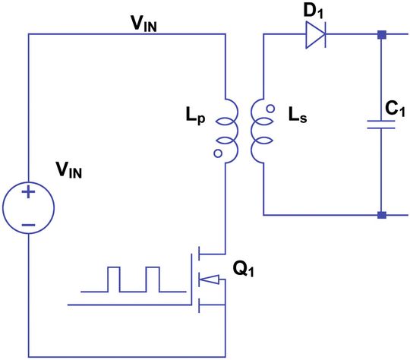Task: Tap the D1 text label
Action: point(316,11)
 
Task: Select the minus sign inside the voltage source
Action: point(28,226)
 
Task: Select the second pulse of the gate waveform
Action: point(153,279)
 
